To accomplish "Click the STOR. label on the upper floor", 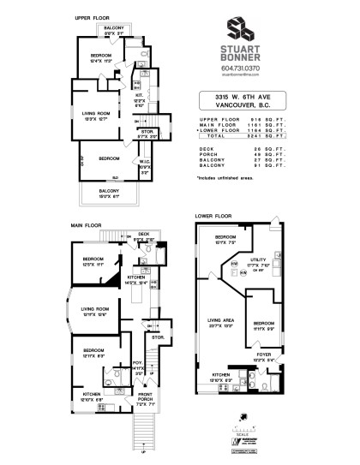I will click(x=146, y=131).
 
